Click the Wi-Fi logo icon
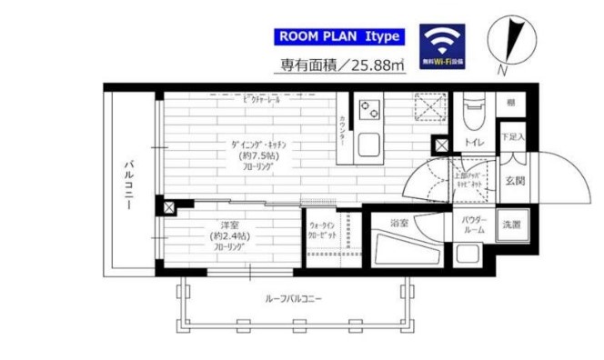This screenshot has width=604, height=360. [x=442, y=45]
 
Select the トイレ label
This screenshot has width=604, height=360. [x=474, y=143]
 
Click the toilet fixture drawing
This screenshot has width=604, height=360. [x=475, y=114]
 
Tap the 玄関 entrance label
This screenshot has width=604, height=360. [x=514, y=180]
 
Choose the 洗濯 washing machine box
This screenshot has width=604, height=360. [x=512, y=224]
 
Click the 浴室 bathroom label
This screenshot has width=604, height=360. [x=398, y=221]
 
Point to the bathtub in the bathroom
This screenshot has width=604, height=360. [x=405, y=246]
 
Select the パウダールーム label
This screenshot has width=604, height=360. [x=474, y=225]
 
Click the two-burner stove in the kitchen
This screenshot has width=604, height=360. [x=370, y=110]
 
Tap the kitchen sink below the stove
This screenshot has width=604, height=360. [x=370, y=145]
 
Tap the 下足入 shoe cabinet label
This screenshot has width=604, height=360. [x=512, y=137]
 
